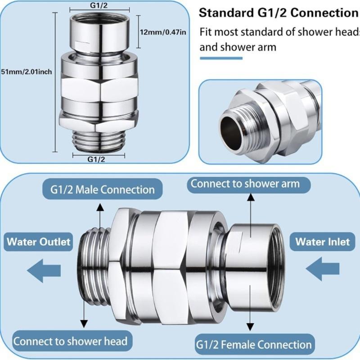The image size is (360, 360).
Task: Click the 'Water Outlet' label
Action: [x=39, y=242]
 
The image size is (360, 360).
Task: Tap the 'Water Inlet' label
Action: [x=322, y=242]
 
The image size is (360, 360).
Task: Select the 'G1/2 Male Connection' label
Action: [x=99, y=189]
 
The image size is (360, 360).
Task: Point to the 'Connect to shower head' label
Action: [x=70, y=341]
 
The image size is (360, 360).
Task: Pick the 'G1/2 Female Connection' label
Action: [x=254, y=345]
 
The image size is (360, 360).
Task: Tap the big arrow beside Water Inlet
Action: [x=322, y=269]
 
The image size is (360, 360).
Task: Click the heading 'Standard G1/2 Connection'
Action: [x=278, y=13]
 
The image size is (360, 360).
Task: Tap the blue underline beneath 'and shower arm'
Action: [x=221, y=58]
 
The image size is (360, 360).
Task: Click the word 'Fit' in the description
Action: [x=207, y=32]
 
